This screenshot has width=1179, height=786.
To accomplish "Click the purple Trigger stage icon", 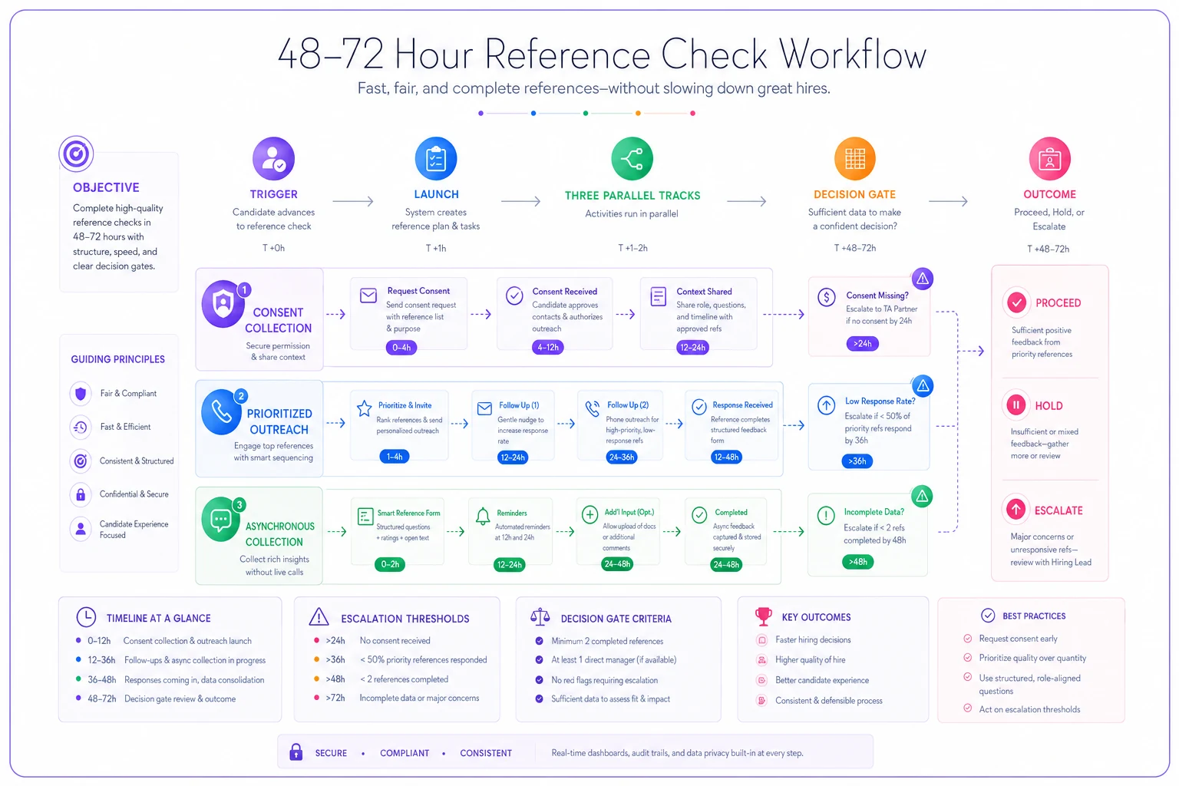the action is [273, 158].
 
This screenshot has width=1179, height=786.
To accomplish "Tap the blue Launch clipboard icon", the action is [436, 158].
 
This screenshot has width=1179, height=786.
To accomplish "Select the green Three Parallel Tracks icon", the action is [632, 158].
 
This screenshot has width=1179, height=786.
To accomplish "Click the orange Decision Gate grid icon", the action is [855, 158].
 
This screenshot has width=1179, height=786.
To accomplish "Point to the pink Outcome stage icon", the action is [1049, 158].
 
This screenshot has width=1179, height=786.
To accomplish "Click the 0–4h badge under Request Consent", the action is [401, 348].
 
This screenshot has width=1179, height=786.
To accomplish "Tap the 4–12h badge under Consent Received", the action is [547, 348].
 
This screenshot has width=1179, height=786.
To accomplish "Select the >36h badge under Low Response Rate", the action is [857, 461].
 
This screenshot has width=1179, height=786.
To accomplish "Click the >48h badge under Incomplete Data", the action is [858, 562].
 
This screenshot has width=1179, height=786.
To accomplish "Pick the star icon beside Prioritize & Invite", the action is [365, 408].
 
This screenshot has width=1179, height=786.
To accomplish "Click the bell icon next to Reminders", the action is [483, 516].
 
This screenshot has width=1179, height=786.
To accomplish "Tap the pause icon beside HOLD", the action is [1016, 405].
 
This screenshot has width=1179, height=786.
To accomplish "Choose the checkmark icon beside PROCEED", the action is [1016, 302].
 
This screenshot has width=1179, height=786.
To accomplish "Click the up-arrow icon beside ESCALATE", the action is [1016, 509].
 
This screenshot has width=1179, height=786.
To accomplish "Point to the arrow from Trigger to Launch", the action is [352, 201].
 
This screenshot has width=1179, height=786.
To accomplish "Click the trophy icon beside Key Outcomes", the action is [763, 616].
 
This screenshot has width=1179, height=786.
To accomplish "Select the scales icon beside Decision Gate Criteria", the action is [540, 617].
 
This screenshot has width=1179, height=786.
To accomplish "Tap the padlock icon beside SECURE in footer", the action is [296, 751].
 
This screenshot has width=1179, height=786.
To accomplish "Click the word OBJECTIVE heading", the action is [106, 187].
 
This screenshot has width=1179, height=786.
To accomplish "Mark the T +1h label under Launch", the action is [436, 248].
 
